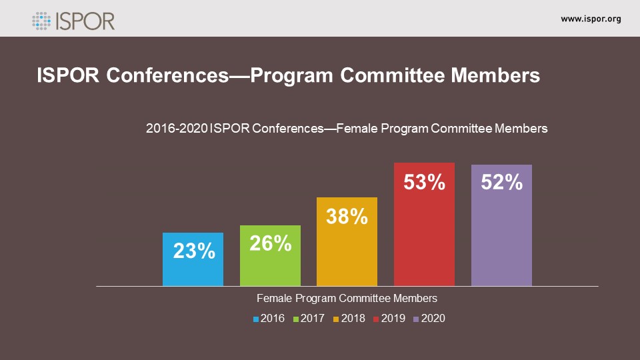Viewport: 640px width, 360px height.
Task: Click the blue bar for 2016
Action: coord(193,267)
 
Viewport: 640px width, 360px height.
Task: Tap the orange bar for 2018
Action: coord(347,253)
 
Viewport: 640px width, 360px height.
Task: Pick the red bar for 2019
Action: coord(424,240)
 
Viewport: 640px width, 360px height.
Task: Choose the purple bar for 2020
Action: coord(501,240)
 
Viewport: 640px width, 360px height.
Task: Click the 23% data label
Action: coord(194,251)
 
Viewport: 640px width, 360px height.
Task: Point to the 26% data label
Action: coord(271,243)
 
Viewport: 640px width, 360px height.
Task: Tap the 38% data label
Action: coord(347,216)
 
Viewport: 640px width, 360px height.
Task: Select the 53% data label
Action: coord(424,182)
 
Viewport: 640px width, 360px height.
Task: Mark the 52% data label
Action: coord(501,182)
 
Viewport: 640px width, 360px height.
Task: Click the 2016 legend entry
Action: coord(269,319)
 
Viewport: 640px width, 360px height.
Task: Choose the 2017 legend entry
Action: coord(309,319)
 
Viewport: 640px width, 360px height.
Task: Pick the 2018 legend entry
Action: coord(349,319)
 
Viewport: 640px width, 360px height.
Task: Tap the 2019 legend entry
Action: coord(389,319)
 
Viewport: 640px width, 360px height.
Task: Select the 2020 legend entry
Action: coord(429,319)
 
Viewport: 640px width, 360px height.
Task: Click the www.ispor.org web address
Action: coord(591,19)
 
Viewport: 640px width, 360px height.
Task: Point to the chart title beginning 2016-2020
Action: coord(347,129)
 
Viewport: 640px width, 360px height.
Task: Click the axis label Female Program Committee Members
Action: coord(347,298)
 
